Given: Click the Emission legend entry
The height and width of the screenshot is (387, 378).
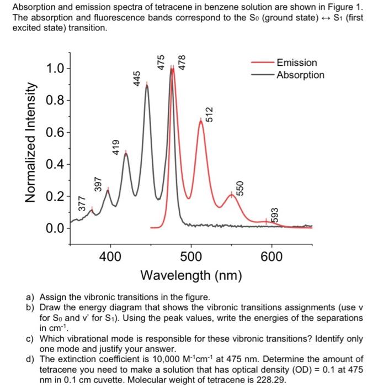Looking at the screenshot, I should coord(296,63).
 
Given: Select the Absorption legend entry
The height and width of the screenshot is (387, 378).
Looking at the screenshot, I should coord(300,75).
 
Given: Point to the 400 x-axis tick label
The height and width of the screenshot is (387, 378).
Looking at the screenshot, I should coord(110,257).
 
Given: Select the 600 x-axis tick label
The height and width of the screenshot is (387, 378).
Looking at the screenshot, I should coord(271,257).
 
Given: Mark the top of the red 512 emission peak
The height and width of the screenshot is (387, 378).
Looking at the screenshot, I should coord(201,120).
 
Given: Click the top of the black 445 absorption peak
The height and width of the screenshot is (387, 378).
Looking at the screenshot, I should coord(147,87).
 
